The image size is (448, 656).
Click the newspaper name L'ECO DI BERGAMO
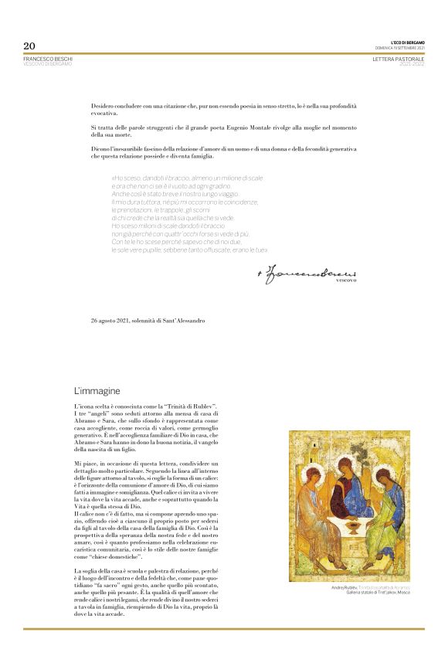click(408, 42)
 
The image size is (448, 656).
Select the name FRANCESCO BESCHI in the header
click(47, 58)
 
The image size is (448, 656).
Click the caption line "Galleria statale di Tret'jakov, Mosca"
click(378, 593)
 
